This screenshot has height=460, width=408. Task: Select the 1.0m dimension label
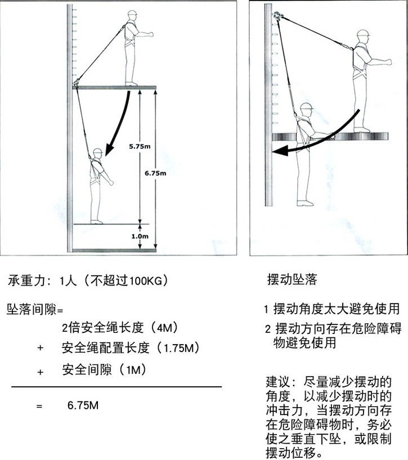pos(140,237)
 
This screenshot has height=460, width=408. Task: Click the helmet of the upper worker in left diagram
pos(133,14)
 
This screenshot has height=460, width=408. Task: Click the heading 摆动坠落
pos(292,279)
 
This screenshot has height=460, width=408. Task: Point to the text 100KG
pos(146,280)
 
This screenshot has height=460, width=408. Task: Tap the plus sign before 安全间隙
pos(40,371)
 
